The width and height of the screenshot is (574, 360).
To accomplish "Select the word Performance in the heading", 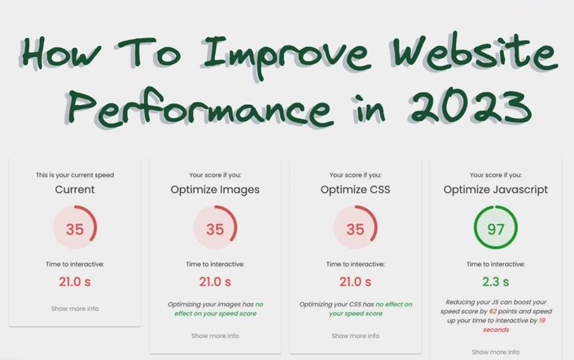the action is [199, 107].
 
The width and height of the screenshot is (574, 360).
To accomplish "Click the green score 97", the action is [496, 230].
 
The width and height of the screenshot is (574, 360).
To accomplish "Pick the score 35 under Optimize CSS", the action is [355, 230].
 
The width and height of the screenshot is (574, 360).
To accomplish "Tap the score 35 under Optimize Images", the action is [215, 230].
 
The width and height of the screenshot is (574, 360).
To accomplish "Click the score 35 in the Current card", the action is [75, 230].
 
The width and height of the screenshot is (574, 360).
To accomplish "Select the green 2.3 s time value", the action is [496, 282].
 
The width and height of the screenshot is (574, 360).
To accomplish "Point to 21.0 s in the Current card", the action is [75, 282].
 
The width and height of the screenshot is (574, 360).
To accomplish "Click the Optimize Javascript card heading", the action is [496, 190].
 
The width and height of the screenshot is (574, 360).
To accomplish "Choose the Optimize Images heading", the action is [215, 190].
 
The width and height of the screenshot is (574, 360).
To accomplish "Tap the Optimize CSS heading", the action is [355, 190].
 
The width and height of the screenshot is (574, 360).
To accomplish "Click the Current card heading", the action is [75, 190].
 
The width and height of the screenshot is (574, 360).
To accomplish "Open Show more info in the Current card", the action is [75, 309].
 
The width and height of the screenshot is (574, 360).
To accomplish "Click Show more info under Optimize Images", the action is [215, 336].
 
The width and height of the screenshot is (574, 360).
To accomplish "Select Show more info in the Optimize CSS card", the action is [355, 336].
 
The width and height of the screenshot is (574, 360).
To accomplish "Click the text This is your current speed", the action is [75, 175].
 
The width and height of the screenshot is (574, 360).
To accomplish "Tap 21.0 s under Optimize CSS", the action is [355, 282].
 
